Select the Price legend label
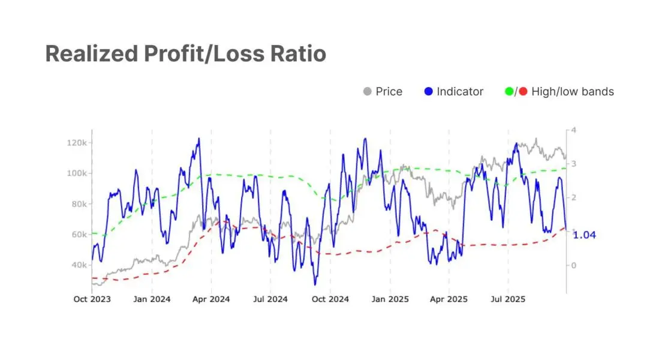click(389, 92)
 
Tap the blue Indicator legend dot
click(428, 92)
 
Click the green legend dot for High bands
click(509, 92)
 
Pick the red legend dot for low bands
click(523, 92)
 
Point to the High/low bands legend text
click(573, 92)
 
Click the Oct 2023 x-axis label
click(92, 299)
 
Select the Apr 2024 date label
click(211, 299)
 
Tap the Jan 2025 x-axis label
click(390, 299)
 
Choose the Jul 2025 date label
click(508, 299)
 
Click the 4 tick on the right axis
click(574, 130)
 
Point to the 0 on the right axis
click(574, 265)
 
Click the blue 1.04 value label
click(585, 235)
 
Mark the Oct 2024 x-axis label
click(330, 299)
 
